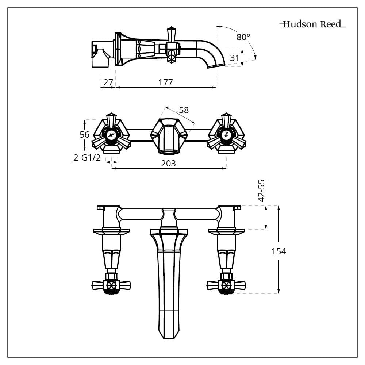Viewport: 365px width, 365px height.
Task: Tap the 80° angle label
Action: tap(243, 37)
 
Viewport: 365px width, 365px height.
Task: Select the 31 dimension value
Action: tap(235, 58)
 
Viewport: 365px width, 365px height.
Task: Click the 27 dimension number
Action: tap(108, 82)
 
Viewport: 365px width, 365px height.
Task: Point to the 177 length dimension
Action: tap(166, 82)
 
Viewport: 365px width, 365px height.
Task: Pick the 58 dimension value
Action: tap(184, 110)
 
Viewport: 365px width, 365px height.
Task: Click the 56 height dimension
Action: tap(84, 134)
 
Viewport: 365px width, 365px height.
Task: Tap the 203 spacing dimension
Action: tap(168, 163)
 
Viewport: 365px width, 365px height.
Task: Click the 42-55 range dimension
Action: tap(261, 191)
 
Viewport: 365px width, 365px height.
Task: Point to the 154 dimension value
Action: tap(278, 251)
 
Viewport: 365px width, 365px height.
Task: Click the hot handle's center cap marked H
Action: tap(111, 135)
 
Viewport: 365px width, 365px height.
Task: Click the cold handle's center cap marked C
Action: tap(226, 135)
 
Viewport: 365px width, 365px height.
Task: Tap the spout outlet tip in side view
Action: tap(217, 65)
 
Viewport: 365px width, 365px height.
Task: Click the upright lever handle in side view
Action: tap(171, 34)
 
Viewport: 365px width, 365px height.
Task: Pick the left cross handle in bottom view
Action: tap(111, 284)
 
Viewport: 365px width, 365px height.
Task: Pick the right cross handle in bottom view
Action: tap(226, 284)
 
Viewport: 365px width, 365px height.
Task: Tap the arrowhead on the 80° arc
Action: tap(255, 57)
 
